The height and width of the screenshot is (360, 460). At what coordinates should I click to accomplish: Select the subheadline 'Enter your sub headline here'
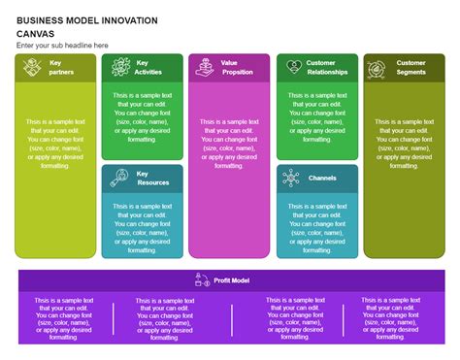click(62, 45)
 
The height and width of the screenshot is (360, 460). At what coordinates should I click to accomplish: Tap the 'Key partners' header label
click(62, 67)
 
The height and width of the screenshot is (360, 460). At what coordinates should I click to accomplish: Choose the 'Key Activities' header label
click(148, 67)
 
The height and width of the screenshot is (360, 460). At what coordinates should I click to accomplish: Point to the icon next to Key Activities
click(120, 67)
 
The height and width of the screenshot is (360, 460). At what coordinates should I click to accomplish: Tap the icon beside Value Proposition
click(205, 67)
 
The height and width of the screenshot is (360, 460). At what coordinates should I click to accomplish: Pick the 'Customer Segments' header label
click(411, 67)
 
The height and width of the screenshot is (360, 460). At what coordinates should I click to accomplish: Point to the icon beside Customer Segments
click(378, 67)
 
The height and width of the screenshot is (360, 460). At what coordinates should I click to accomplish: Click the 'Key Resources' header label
click(152, 178)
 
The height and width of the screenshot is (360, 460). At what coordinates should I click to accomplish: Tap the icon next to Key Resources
click(120, 178)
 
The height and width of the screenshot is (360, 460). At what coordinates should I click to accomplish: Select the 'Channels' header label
click(322, 178)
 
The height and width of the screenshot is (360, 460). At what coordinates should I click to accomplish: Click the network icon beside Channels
click(291, 178)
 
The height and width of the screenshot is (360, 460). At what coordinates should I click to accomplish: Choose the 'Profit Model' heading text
click(232, 280)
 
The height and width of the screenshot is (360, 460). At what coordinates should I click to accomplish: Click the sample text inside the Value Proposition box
click(228, 143)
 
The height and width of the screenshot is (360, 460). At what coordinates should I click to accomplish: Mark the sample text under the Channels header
click(316, 225)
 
